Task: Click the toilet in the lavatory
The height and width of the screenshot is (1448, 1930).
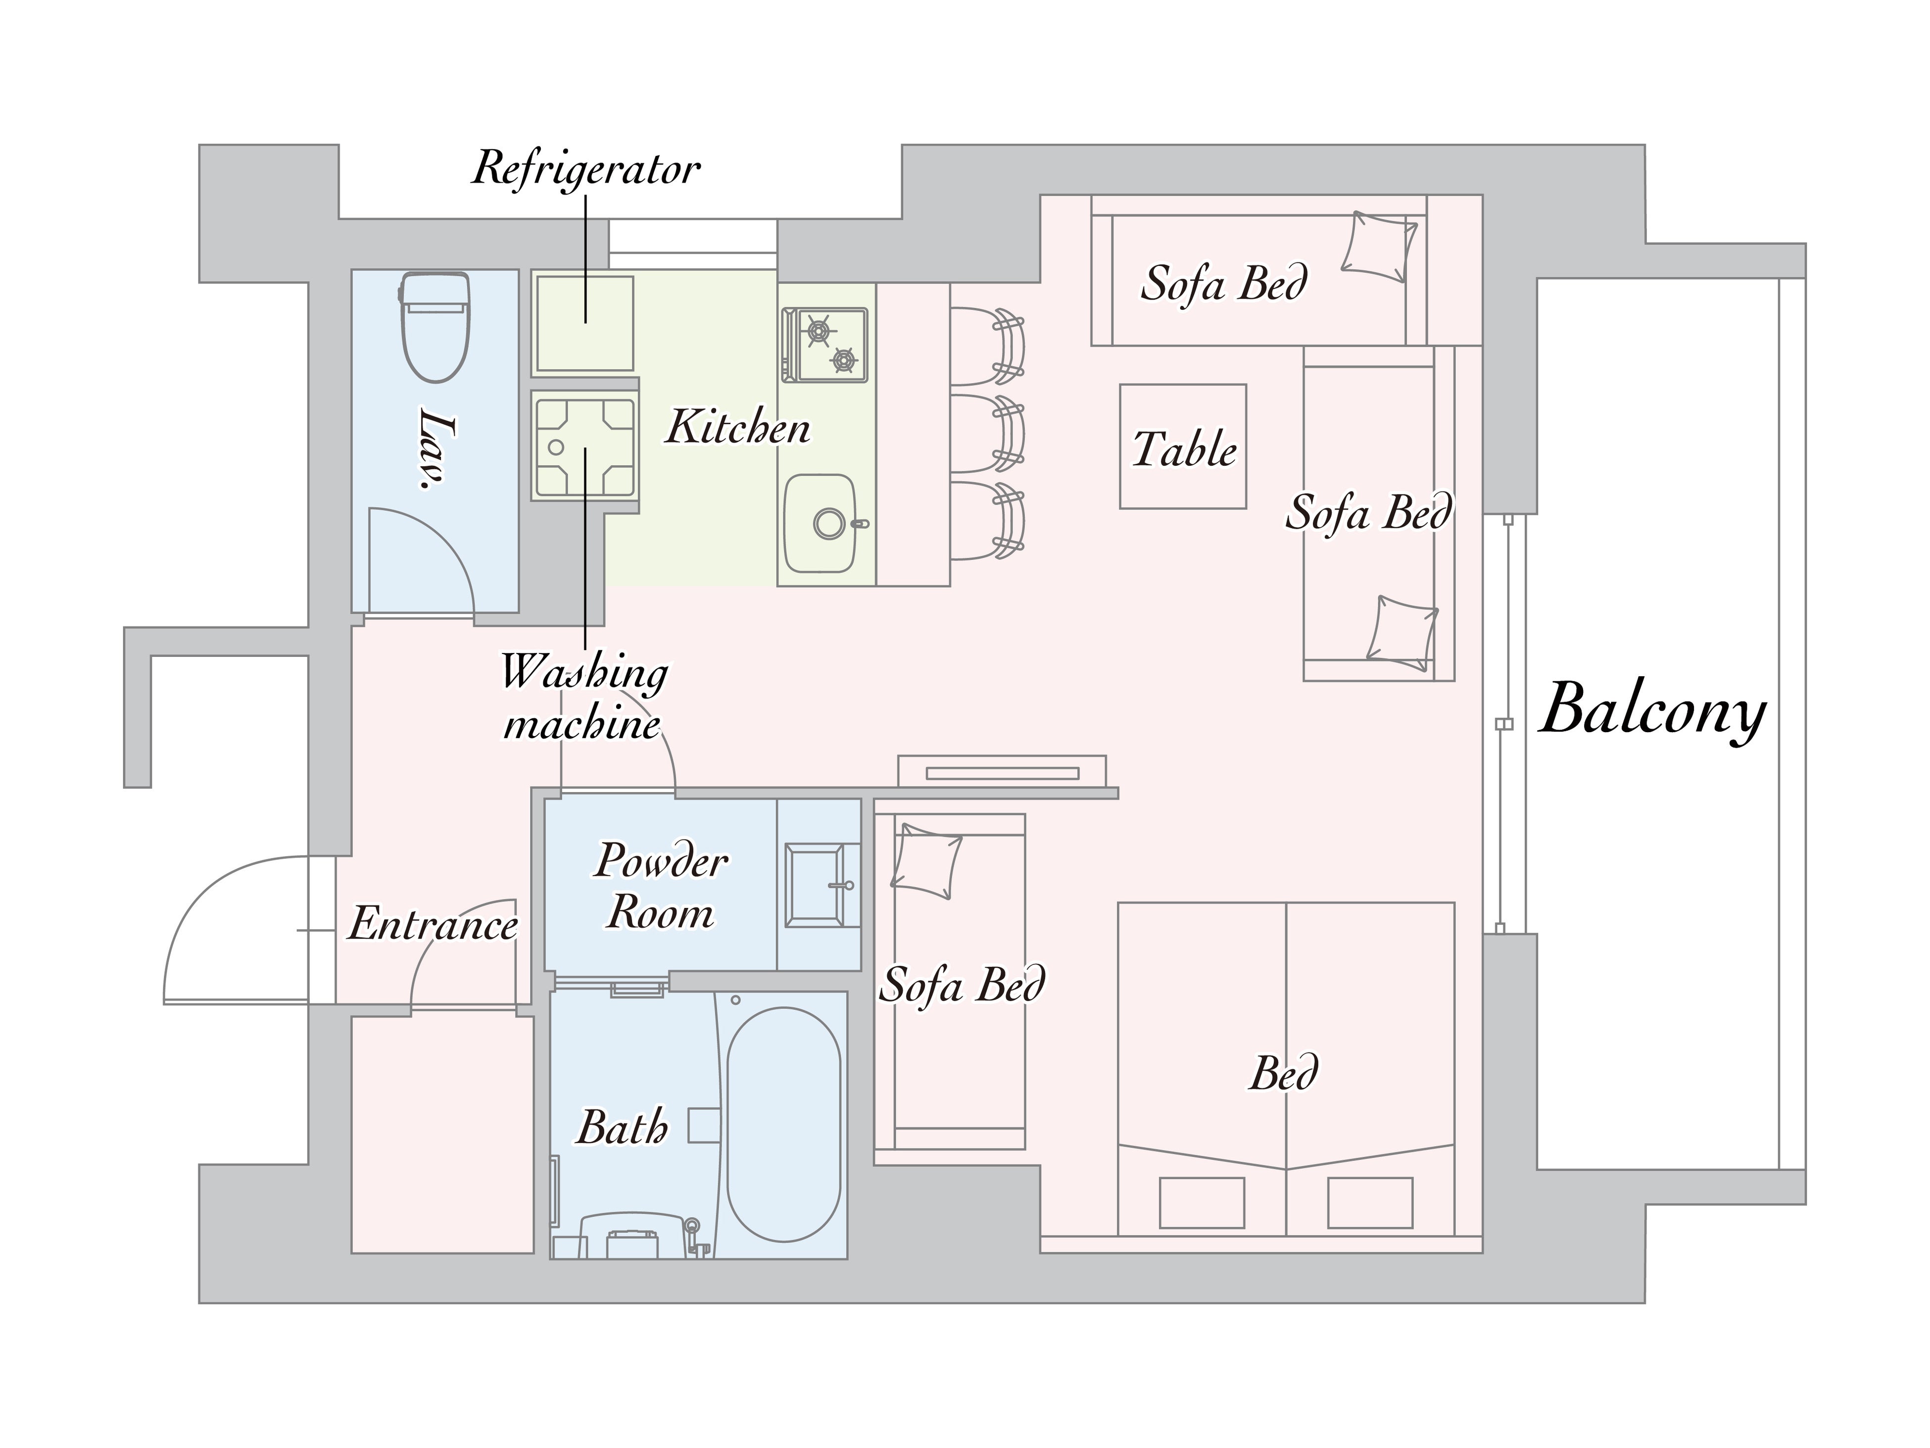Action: pyautogui.click(x=435, y=327)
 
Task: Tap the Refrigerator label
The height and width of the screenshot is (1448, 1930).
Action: pyautogui.click(x=585, y=168)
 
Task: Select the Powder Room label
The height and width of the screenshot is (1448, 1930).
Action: pyautogui.click(x=661, y=887)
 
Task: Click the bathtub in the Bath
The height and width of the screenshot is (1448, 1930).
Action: pyautogui.click(x=783, y=1124)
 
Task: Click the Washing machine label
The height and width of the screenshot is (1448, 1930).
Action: pyautogui.click(x=584, y=698)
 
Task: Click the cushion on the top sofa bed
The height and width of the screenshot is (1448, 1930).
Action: pyautogui.click(x=1379, y=246)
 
